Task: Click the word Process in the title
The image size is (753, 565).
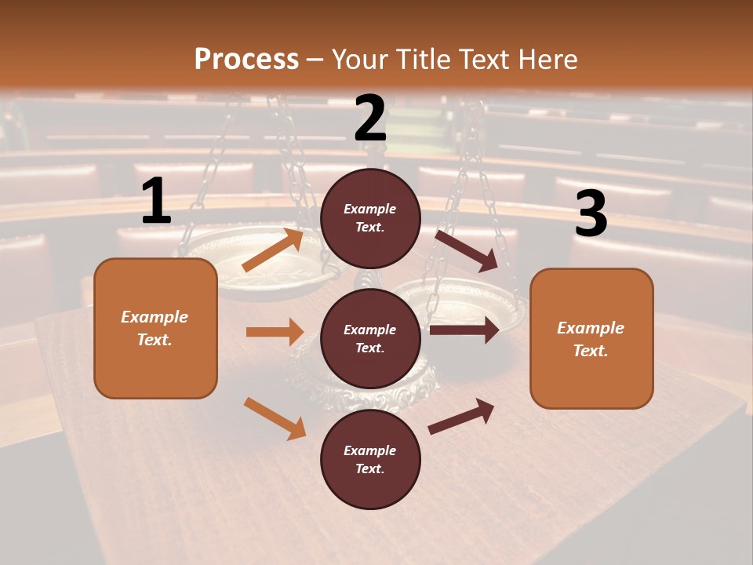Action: click(x=246, y=59)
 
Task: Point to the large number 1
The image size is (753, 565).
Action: click(x=155, y=202)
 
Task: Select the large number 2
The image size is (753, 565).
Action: click(x=370, y=118)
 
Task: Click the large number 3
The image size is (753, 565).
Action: click(x=591, y=214)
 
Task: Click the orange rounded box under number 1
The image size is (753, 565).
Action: click(x=155, y=328)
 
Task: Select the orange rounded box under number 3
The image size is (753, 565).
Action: click(x=591, y=338)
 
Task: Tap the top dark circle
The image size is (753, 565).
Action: click(x=370, y=218)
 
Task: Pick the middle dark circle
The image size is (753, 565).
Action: click(x=370, y=338)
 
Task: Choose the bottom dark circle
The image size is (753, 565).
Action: click(x=370, y=459)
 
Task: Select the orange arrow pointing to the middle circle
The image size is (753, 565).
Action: click(x=275, y=332)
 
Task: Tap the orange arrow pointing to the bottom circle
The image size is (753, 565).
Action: click(x=275, y=417)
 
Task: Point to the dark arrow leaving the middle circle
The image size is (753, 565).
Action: click(x=464, y=330)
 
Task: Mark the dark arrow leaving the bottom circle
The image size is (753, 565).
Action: click(x=461, y=416)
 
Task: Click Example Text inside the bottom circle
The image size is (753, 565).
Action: click(x=370, y=459)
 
